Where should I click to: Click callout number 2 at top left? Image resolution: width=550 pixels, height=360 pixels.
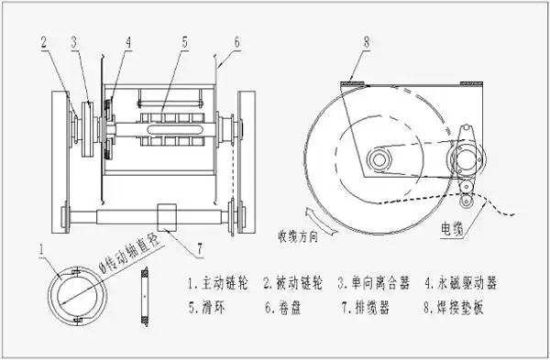[x=44, y=42]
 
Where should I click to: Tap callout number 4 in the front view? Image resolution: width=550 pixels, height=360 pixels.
[x=128, y=42]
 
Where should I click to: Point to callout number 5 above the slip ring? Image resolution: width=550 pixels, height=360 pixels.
[x=185, y=42]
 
